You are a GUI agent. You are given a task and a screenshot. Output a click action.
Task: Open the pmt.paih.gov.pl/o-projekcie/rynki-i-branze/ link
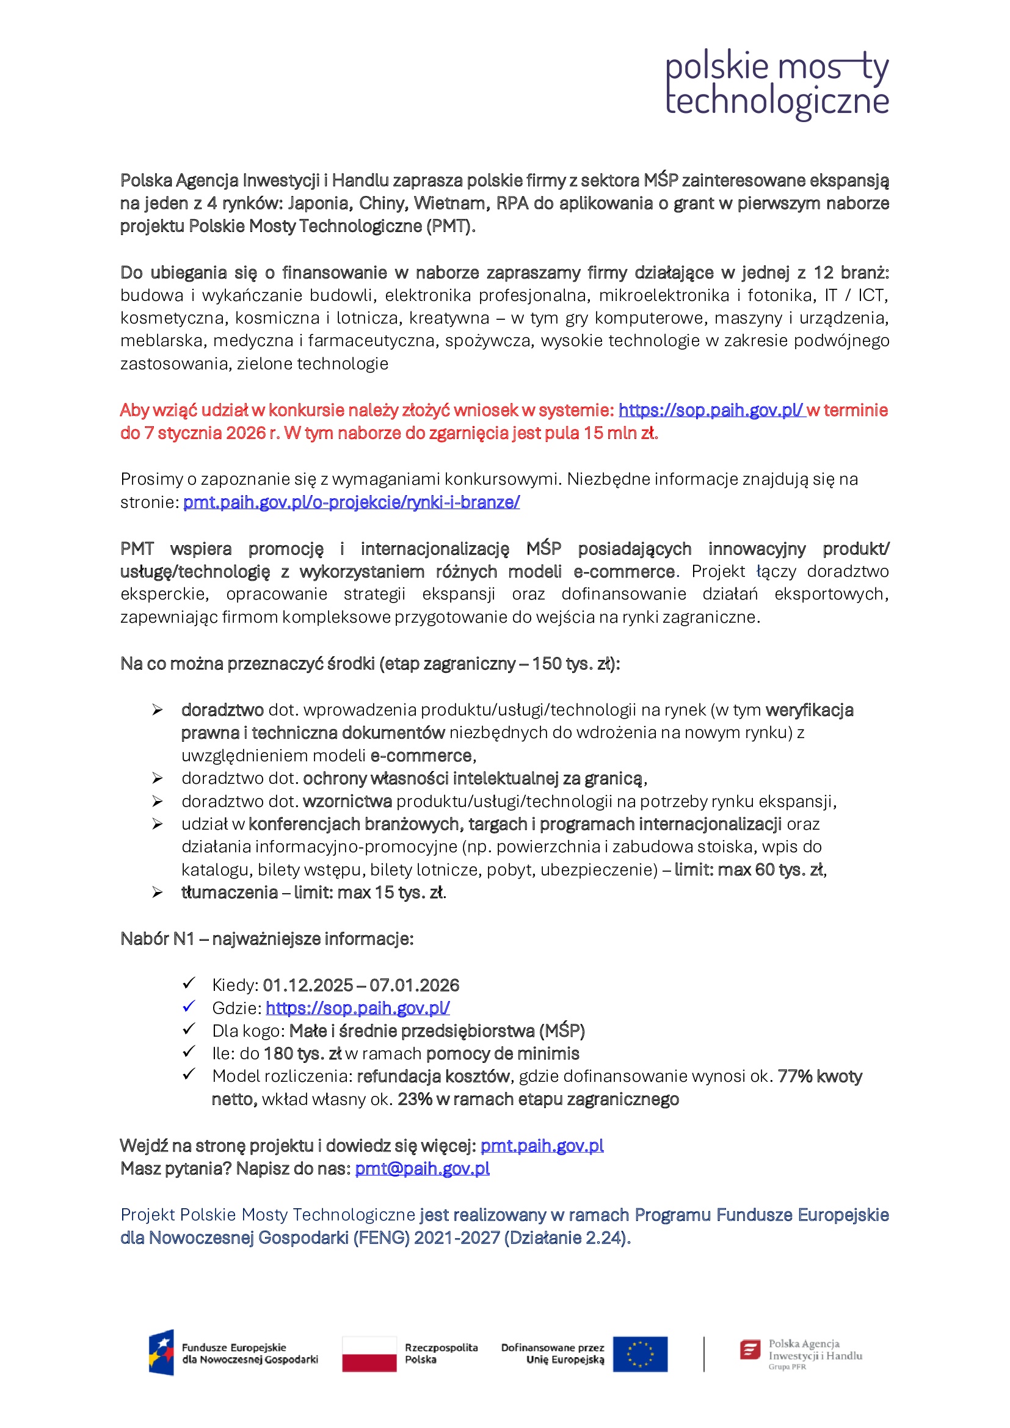351,502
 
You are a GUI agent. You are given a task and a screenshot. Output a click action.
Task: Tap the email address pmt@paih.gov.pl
423,1169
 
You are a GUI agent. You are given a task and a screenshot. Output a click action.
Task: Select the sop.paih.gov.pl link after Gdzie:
358,1008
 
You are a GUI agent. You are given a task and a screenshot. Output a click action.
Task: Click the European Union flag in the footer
640,1354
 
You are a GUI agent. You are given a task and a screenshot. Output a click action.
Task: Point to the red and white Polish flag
369,1354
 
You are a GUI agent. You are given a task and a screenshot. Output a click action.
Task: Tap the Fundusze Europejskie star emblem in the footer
161,1353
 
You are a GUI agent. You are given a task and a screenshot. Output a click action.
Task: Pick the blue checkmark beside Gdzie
189,1006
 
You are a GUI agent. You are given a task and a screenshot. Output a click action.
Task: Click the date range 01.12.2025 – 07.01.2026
361,985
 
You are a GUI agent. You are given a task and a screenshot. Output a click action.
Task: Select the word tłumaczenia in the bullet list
230,893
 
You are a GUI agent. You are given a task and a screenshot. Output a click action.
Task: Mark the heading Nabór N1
158,938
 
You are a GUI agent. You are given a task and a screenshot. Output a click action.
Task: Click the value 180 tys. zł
302,1054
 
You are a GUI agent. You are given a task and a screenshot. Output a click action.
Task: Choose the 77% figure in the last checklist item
796,1076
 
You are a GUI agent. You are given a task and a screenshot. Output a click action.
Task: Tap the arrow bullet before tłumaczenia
158,893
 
